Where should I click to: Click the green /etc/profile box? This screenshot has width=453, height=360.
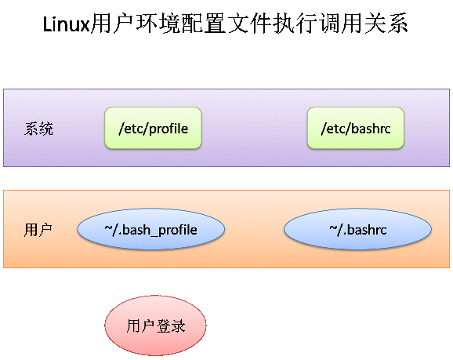coord(153,128)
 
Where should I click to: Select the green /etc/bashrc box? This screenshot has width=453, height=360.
coord(356,128)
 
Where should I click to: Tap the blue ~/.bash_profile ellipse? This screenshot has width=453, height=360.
coord(150,229)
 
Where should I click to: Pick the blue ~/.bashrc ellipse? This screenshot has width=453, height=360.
coord(357,229)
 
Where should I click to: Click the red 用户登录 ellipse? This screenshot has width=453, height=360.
coord(155,325)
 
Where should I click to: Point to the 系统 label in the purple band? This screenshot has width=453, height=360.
coord(38,129)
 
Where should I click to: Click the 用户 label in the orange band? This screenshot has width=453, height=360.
coord(38,230)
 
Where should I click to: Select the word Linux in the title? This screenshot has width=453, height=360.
coord(67,24)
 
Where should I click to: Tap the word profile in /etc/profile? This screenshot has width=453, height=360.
coord(169,129)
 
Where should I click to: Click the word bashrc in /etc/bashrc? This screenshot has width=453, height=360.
coord(371,129)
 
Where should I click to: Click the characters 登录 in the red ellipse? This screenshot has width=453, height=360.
coord(170,326)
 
